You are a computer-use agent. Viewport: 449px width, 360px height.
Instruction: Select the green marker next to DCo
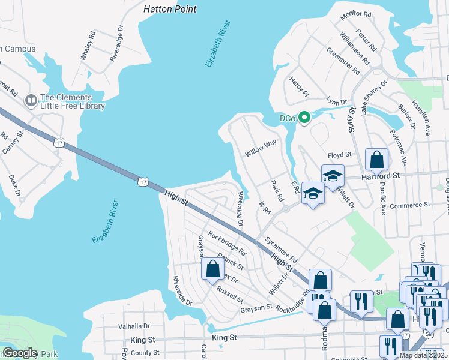304,118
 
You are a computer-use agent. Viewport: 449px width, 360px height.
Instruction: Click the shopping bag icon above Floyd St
376,160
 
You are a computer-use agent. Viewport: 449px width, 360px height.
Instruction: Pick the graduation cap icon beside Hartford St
332,176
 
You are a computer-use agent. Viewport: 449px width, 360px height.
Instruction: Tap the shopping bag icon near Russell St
212,269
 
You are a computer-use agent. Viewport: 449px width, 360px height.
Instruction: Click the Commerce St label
410,205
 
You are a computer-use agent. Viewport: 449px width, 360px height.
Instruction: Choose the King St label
225,338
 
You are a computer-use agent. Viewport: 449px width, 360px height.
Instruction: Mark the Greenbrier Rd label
342,61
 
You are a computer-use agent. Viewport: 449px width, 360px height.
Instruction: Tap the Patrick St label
231,262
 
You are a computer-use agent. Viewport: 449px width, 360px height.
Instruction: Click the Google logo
20,353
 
